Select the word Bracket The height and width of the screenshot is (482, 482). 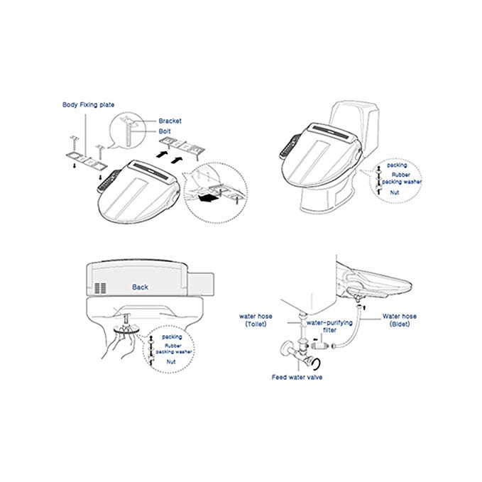pyautogui.click(x=170, y=121)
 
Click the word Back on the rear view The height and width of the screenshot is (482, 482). pyautogui.click(x=140, y=287)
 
